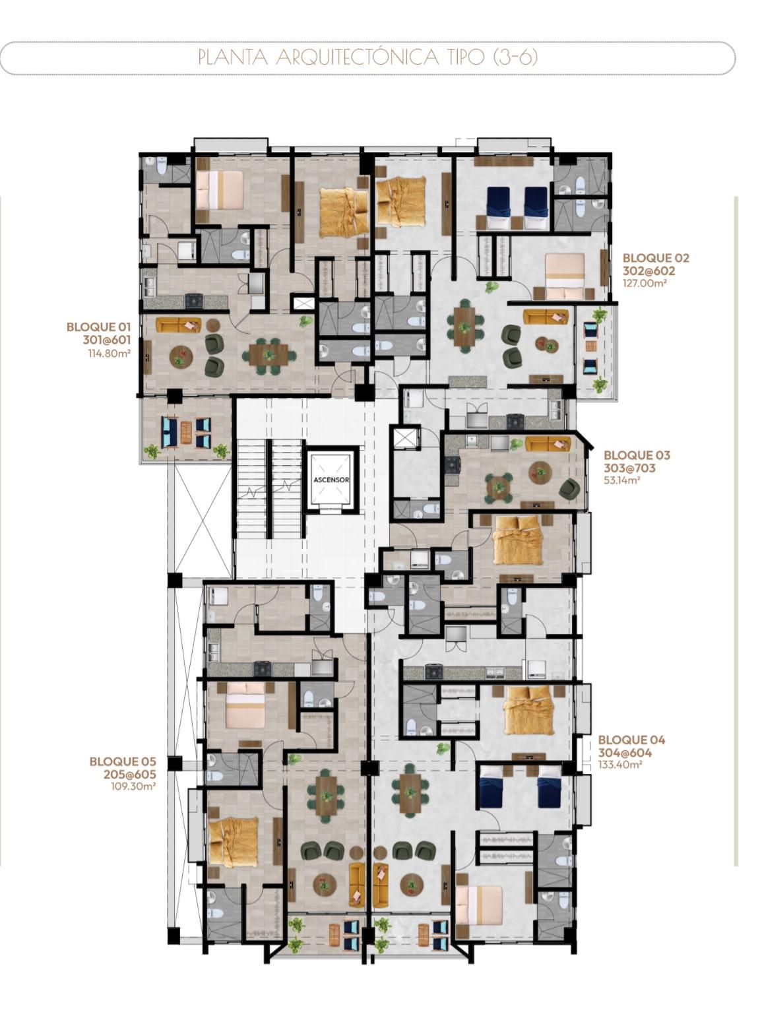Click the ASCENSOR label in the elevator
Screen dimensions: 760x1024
pos(331,480)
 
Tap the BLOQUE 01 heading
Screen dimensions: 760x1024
pos(99,327)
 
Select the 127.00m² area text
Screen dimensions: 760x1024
pos(645,283)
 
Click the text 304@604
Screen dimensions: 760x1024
pos(625,753)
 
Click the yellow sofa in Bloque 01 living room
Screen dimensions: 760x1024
pos(179,325)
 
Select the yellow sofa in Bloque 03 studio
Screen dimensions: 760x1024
pos(548,444)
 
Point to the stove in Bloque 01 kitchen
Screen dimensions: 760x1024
pos(194,301)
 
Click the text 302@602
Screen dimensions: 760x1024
pos(649,271)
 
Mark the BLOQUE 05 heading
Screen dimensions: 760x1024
pos(123,761)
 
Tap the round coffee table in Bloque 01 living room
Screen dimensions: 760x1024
pos(179,356)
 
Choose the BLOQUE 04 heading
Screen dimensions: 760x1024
pos(631,740)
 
